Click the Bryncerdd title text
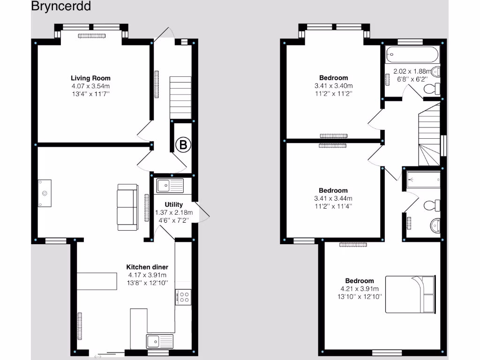pos(61,7)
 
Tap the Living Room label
pos(90,78)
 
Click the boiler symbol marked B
pos(183,145)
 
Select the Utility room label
pos(173,205)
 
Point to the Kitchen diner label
pos(147,267)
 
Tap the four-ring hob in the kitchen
pos(183,297)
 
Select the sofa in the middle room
pos(127,207)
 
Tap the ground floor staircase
pos(180,98)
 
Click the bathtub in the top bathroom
pos(412,55)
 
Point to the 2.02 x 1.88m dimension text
pos(412,72)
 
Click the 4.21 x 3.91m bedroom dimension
pos(360,289)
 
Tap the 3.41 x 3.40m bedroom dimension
pos(333,86)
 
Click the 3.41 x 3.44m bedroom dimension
pos(333,198)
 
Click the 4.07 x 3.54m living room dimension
pos(90,86)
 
